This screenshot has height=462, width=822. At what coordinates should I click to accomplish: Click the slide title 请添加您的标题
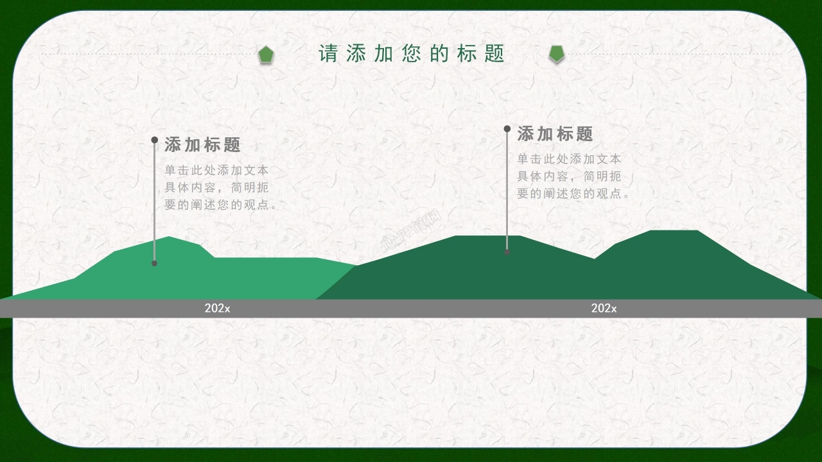(x=412, y=54)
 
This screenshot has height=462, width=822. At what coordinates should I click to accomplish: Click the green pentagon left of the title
(x=266, y=55)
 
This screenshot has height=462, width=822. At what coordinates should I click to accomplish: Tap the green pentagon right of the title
(x=557, y=54)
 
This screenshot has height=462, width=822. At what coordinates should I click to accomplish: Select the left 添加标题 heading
(x=202, y=145)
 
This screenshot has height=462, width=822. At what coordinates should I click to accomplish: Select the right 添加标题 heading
(x=555, y=134)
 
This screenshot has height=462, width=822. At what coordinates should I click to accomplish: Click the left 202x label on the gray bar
(x=217, y=309)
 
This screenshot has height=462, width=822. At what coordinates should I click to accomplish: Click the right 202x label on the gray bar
(x=604, y=309)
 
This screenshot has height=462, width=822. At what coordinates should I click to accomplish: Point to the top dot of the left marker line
(x=155, y=140)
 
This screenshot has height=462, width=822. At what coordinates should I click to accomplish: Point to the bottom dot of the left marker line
(x=154, y=263)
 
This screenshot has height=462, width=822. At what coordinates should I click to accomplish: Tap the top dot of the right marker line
(x=507, y=129)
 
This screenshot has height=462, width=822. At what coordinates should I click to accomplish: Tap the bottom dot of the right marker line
(x=507, y=252)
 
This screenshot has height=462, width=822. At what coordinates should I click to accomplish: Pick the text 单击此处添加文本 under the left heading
(x=216, y=171)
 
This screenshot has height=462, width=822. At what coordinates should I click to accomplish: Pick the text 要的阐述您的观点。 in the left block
(x=221, y=205)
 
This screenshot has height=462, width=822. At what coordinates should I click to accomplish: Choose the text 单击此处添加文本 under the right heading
(x=569, y=159)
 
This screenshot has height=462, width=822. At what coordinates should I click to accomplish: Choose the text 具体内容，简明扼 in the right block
(x=569, y=176)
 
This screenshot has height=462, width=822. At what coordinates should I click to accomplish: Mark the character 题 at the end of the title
(x=494, y=54)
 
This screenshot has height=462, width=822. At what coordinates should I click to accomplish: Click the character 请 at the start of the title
(x=328, y=54)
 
